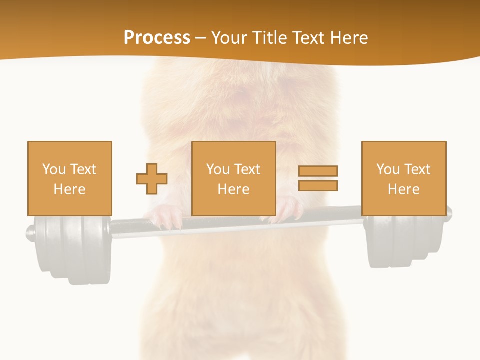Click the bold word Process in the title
click(x=157, y=38)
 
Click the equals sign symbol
click(x=318, y=178)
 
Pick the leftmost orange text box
click(x=70, y=178)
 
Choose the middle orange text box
click(x=233, y=178)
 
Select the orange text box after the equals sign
click(x=404, y=178)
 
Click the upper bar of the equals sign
click(x=318, y=171)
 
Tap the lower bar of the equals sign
click(x=318, y=185)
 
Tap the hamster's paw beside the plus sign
click(x=165, y=218)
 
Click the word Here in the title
click(x=349, y=38)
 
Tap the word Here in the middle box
click(x=233, y=189)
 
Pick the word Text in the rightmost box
click(x=417, y=169)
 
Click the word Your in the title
click(x=229, y=38)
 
